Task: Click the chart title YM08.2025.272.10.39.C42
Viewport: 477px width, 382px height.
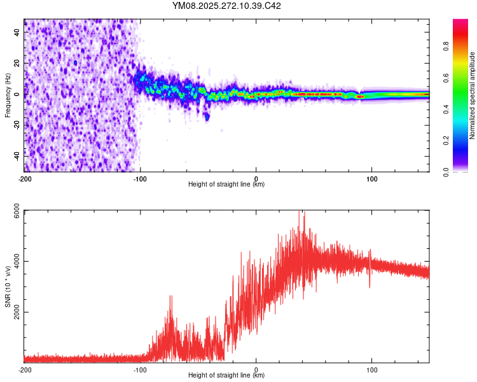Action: pyautogui.click(x=227, y=6)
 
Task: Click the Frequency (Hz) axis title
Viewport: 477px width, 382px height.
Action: pyautogui.click(x=8, y=95)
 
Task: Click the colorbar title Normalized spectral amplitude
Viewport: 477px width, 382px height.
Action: pyautogui.click(x=473, y=95)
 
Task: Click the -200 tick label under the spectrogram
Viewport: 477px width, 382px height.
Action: pyautogui.click(x=25, y=178)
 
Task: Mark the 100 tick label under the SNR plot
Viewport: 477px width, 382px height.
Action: pyautogui.click(x=372, y=369)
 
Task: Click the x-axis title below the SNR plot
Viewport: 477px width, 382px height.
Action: pyautogui.click(x=226, y=376)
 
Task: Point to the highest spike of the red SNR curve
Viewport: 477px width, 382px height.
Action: pyautogui.click(x=303, y=212)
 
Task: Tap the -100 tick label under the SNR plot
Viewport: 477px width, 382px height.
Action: pyautogui.click(x=140, y=369)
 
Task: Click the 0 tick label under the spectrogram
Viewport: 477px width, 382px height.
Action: pyautogui.click(x=256, y=178)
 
